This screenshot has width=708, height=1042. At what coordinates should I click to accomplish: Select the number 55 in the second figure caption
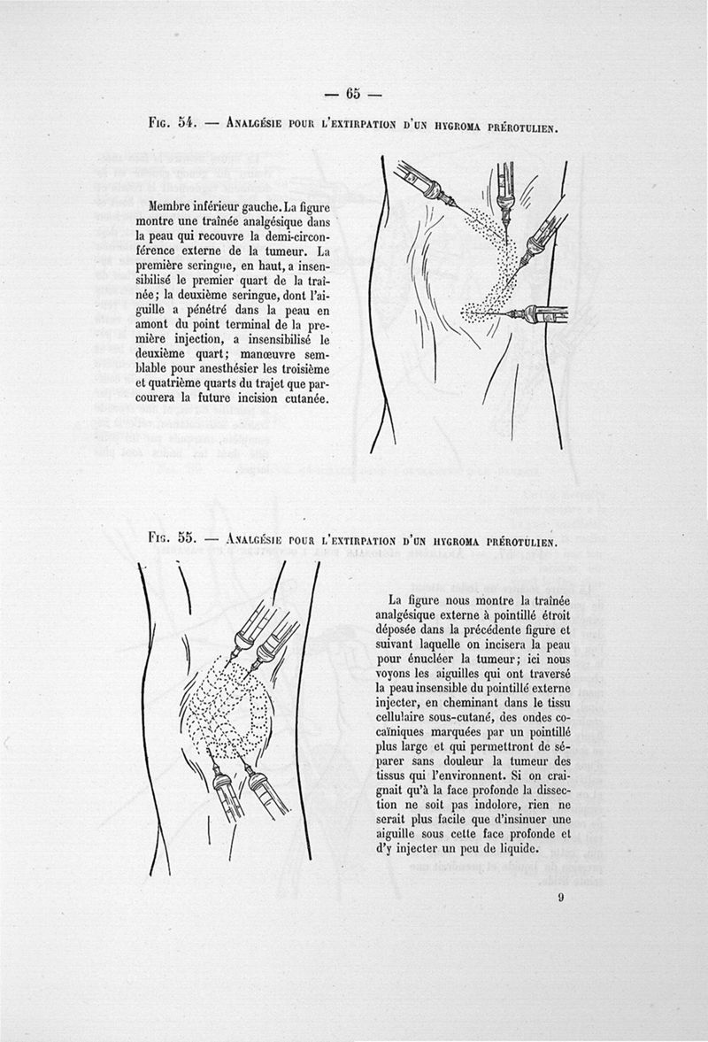coord(186,537)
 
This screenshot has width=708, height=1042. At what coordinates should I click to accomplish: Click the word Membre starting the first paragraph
coord(178,205)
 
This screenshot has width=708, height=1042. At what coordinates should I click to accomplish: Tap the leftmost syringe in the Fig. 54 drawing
coord(422,184)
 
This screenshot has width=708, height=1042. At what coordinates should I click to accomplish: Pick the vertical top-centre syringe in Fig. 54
coord(506,190)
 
